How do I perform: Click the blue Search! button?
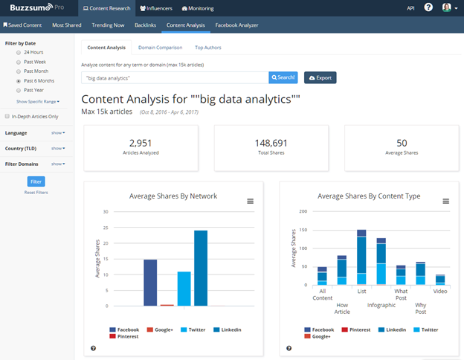click(x=283, y=77)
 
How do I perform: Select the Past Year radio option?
click(x=19, y=89)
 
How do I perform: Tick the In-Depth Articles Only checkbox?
click(x=7, y=117)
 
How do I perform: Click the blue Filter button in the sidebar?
click(x=35, y=181)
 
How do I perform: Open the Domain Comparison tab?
click(x=161, y=48)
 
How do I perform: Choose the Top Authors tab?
click(x=208, y=48)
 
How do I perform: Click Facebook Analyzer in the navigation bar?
click(x=237, y=25)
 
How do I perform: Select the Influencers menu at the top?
click(x=155, y=8)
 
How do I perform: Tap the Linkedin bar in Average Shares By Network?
click(x=201, y=268)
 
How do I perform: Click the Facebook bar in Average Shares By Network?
click(x=149, y=283)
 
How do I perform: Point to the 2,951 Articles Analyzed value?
click(x=141, y=143)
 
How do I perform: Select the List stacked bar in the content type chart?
click(x=361, y=257)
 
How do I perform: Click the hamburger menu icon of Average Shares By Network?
click(x=250, y=201)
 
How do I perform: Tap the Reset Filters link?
click(x=35, y=193)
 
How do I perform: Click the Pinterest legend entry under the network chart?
click(x=124, y=336)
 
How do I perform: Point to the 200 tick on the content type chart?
click(x=302, y=210)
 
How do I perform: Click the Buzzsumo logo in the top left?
click(x=26, y=8)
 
